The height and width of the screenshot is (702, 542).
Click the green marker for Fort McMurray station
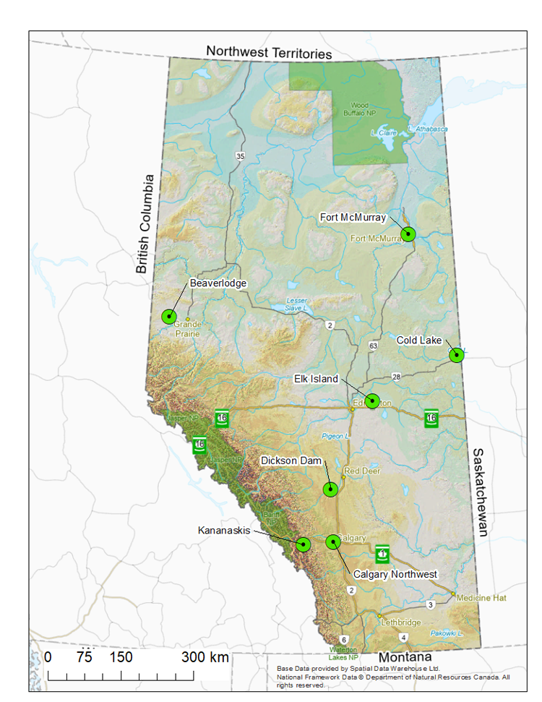tap(408, 234)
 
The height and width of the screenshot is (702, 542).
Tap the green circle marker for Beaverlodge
tap(169, 316)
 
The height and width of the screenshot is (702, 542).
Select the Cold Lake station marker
tap(456, 355)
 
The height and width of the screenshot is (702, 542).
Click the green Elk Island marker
tap(372, 401)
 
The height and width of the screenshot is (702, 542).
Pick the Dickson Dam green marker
tap(330, 489)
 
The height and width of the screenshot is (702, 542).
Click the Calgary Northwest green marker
tap(333, 542)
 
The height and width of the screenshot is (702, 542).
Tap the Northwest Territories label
tap(268, 53)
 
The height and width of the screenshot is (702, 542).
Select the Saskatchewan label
tap(479, 492)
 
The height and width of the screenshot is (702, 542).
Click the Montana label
tap(405, 657)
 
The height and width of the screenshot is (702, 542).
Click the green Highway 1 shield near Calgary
tap(382, 554)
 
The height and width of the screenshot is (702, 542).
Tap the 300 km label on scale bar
tap(205, 657)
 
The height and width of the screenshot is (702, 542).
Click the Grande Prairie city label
tap(186, 329)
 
